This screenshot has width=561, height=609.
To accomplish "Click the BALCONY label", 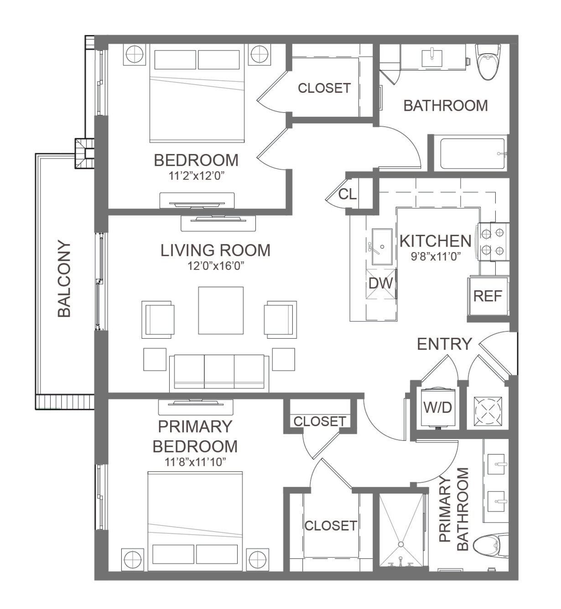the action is (x=64, y=279).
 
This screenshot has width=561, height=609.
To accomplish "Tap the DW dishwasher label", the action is (x=381, y=284).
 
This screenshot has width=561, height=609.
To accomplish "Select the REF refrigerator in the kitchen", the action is (x=488, y=296).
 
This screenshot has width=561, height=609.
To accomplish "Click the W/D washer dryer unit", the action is (x=438, y=408).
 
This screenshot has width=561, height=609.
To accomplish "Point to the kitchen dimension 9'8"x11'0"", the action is (x=436, y=257).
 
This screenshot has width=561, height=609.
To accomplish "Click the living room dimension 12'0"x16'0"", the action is (x=216, y=266).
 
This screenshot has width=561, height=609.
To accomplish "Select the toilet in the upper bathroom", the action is (x=488, y=62).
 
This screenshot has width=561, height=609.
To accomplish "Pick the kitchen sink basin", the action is (x=382, y=247).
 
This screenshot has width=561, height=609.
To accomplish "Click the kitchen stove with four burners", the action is (x=493, y=242).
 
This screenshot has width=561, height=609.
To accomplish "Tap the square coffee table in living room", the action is (x=221, y=310).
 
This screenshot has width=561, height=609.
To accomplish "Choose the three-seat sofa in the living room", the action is (x=219, y=373).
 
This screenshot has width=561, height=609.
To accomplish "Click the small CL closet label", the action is (x=348, y=194).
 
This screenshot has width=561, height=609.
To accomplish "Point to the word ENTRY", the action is (x=444, y=344).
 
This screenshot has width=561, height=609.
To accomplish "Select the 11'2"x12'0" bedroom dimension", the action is (x=196, y=176).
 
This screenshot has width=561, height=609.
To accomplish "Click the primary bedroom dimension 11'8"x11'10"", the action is (x=195, y=462).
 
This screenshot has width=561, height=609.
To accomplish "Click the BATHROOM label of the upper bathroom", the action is (x=446, y=106).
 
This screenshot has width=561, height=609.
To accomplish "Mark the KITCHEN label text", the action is (x=436, y=241).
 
